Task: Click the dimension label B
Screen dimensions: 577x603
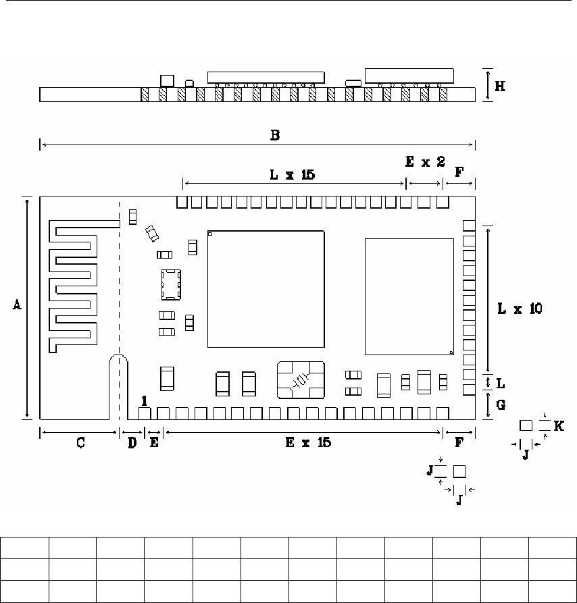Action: pyautogui.click(x=275, y=134)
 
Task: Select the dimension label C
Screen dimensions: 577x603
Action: pyautogui.click(x=80, y=443)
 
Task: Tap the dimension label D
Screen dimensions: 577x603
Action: pyautogui.click(x=132, y=443)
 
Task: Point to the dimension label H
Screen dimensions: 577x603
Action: pyautogui.click(x=500, y=86)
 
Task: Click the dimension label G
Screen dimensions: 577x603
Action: pyautogui.click(x=500, y=405)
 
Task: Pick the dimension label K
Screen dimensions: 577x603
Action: pyautogui.click(x=558, y=425)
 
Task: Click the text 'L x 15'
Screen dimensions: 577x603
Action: pyautogui.click(x=292, y=174)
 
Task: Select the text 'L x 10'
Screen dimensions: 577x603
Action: pyautogui.click(x=519, y=309)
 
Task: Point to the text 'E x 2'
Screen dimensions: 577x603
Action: pyautogui.click(x=424, y=162)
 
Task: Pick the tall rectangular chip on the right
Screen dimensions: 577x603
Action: pyautogui.click(x=409, y=296)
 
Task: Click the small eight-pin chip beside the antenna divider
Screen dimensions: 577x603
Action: pyautogui.click(x=170, y=285)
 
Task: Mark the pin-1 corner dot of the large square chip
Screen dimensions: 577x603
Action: pyautogui.click(x=211, y=234)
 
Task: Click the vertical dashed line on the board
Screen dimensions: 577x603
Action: pyautogui.click(x=120, y=284)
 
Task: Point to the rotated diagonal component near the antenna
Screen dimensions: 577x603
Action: pyautogui.click(x=152, y=233)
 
